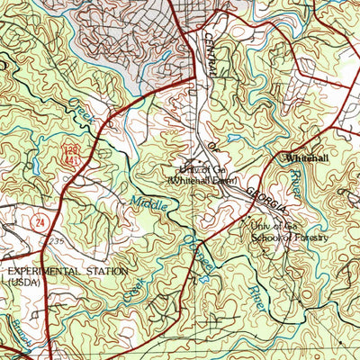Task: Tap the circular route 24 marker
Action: pyautogui.click(x=39, y=220)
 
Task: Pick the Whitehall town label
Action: pyautogui.click(x=304, y=158)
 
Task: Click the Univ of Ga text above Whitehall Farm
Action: pyautogui.click(x=195, y=168)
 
